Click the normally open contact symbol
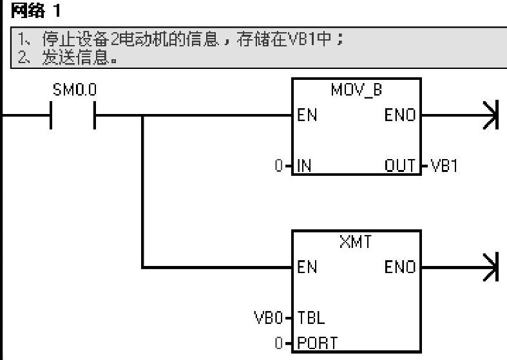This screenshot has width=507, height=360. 72,117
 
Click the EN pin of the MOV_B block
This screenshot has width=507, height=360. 306,117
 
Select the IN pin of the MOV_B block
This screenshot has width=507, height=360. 304,166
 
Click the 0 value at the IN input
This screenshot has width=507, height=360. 278,166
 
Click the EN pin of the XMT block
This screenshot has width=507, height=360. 307,267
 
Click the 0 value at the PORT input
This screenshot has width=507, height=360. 278,342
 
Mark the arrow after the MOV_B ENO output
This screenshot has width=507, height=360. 493,117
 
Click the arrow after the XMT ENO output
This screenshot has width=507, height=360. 493,267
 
